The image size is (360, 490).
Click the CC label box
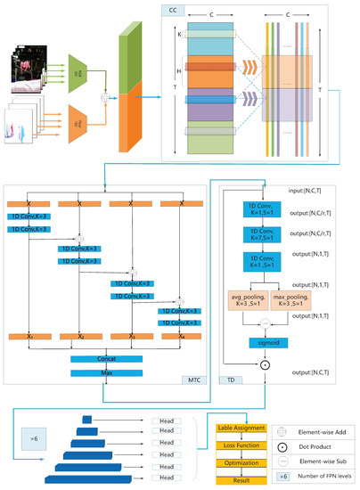(x=173, y=11)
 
